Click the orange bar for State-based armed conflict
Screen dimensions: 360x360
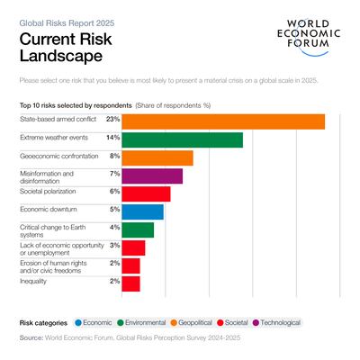(x=223, y=121)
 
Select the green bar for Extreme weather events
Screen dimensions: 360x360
(x=182, y=139)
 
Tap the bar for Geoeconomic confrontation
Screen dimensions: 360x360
(x=157, y=157)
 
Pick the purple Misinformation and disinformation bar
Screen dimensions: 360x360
(x=152, y=175)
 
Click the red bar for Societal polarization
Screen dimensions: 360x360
(x=146, y=193)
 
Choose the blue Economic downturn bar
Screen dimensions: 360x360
(x=142, y=211)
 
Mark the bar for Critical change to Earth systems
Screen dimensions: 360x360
(x=138, y=229)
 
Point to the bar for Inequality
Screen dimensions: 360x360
(x=130, y=283)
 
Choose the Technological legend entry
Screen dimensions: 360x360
(x=278, y=321)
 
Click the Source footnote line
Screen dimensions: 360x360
(x=135, y=338)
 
